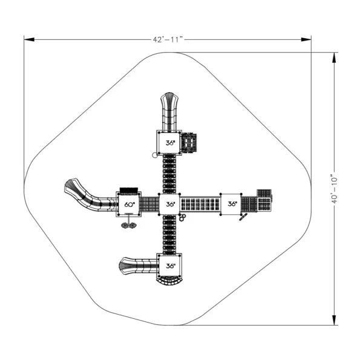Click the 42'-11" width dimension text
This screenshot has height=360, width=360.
coord(168,39)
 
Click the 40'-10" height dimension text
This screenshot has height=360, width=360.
coord(334,190)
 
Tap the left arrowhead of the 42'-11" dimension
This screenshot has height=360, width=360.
coord(29,39)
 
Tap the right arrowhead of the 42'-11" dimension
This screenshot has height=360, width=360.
coord(306,39)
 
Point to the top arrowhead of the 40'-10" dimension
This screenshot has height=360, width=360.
coord(334,57)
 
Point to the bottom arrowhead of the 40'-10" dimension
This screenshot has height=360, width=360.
coord(334,320)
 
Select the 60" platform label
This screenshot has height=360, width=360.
coord(129,205)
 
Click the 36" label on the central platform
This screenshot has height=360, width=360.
coord(171,204)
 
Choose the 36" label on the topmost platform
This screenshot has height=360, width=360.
coord(171,143)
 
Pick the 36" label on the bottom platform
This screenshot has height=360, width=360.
coord(171,266)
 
